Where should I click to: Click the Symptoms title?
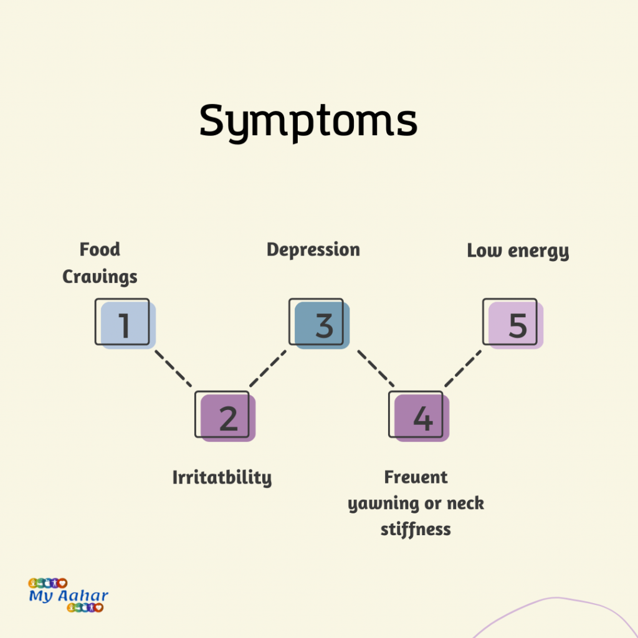308,121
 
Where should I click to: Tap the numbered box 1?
124,324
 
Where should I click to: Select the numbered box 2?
226,417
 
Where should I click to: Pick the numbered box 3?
319,324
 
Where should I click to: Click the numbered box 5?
513,324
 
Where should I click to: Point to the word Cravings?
100,276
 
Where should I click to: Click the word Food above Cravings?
100,250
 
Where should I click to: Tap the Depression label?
313,250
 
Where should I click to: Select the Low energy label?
518,251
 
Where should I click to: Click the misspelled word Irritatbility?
222,478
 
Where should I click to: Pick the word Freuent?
416,477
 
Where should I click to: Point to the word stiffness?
416,530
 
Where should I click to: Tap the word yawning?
379,504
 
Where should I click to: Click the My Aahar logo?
68,596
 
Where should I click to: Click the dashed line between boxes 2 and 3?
268,368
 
